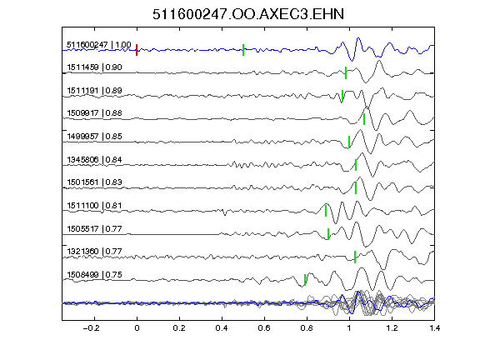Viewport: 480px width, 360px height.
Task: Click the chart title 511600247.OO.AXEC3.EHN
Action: pyautogui.click(x=248, y=14)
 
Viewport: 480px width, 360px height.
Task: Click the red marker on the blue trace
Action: pyautogui.click(x=137, y=50)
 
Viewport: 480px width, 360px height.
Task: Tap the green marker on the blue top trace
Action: pyautogui.click(x=243, y=50)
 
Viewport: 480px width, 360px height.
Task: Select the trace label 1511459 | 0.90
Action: pyautogui.click(x=95, y=67)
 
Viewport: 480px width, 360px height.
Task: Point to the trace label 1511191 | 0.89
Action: pyautogui.click(x=95, y=91)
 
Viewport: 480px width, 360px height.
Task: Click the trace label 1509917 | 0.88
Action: pyautogui.click(x=95, y=113)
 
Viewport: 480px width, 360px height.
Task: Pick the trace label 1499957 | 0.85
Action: pyautogui.click(x=95, y=136)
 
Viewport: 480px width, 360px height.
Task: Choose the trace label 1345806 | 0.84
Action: pyautogui.click(x=95, y=159)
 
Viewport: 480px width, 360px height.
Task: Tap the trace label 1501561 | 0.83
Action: pyautogui.click(x=95, y=182)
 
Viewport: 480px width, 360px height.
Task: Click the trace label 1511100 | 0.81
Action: pyautogui.click(x=95, y=205)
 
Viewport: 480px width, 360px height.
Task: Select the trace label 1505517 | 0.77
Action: pyautogui.click(x=95, y=228)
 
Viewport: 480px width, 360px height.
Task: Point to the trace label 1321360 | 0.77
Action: pyautogui.click(x=95, y=252)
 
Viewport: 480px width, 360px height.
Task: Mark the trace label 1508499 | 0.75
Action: pyautogui.click(x=95, y=275)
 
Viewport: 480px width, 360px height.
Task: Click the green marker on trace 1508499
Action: pyautogui.click(x=305, y=280)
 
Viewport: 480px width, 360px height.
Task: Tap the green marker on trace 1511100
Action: pyautogui.click(x=326, y=211)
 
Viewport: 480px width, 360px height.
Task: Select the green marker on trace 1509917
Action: pyautogui.click(x=364, y=119)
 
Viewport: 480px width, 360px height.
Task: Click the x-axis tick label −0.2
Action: pyautogui.click(x=91, y=328)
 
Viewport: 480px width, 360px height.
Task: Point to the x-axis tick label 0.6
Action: pyautogui.click(x=264, y=328)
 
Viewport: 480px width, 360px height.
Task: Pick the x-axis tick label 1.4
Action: pyautogui.click(x=434, y=328)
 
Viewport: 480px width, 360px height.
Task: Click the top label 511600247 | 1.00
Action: pyautogui.click(x=99, y=45)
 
